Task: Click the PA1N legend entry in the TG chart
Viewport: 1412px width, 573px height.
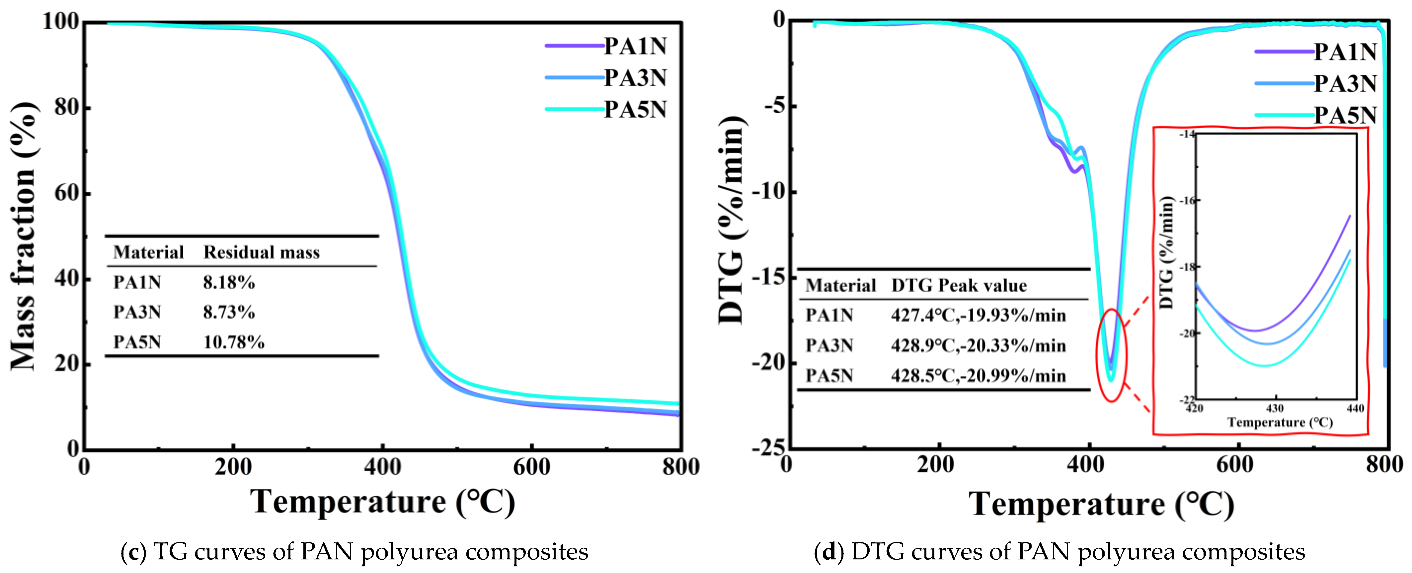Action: (606, 46)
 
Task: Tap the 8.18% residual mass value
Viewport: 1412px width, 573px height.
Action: (229, 282)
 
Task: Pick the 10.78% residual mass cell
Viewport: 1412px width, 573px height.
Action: (234, 342)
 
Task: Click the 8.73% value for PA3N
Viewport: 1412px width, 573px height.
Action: (229, 312)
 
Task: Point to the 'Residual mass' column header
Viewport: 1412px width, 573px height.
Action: (262, 252)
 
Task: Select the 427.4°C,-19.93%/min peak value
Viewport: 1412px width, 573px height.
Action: (979, 315)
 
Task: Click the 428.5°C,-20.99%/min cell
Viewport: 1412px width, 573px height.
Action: (979, 376)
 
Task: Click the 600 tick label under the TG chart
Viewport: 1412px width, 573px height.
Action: (532, 467)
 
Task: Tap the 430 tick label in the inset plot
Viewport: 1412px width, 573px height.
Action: (1275, 409)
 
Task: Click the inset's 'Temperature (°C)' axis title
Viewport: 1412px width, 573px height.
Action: (1280, 422)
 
